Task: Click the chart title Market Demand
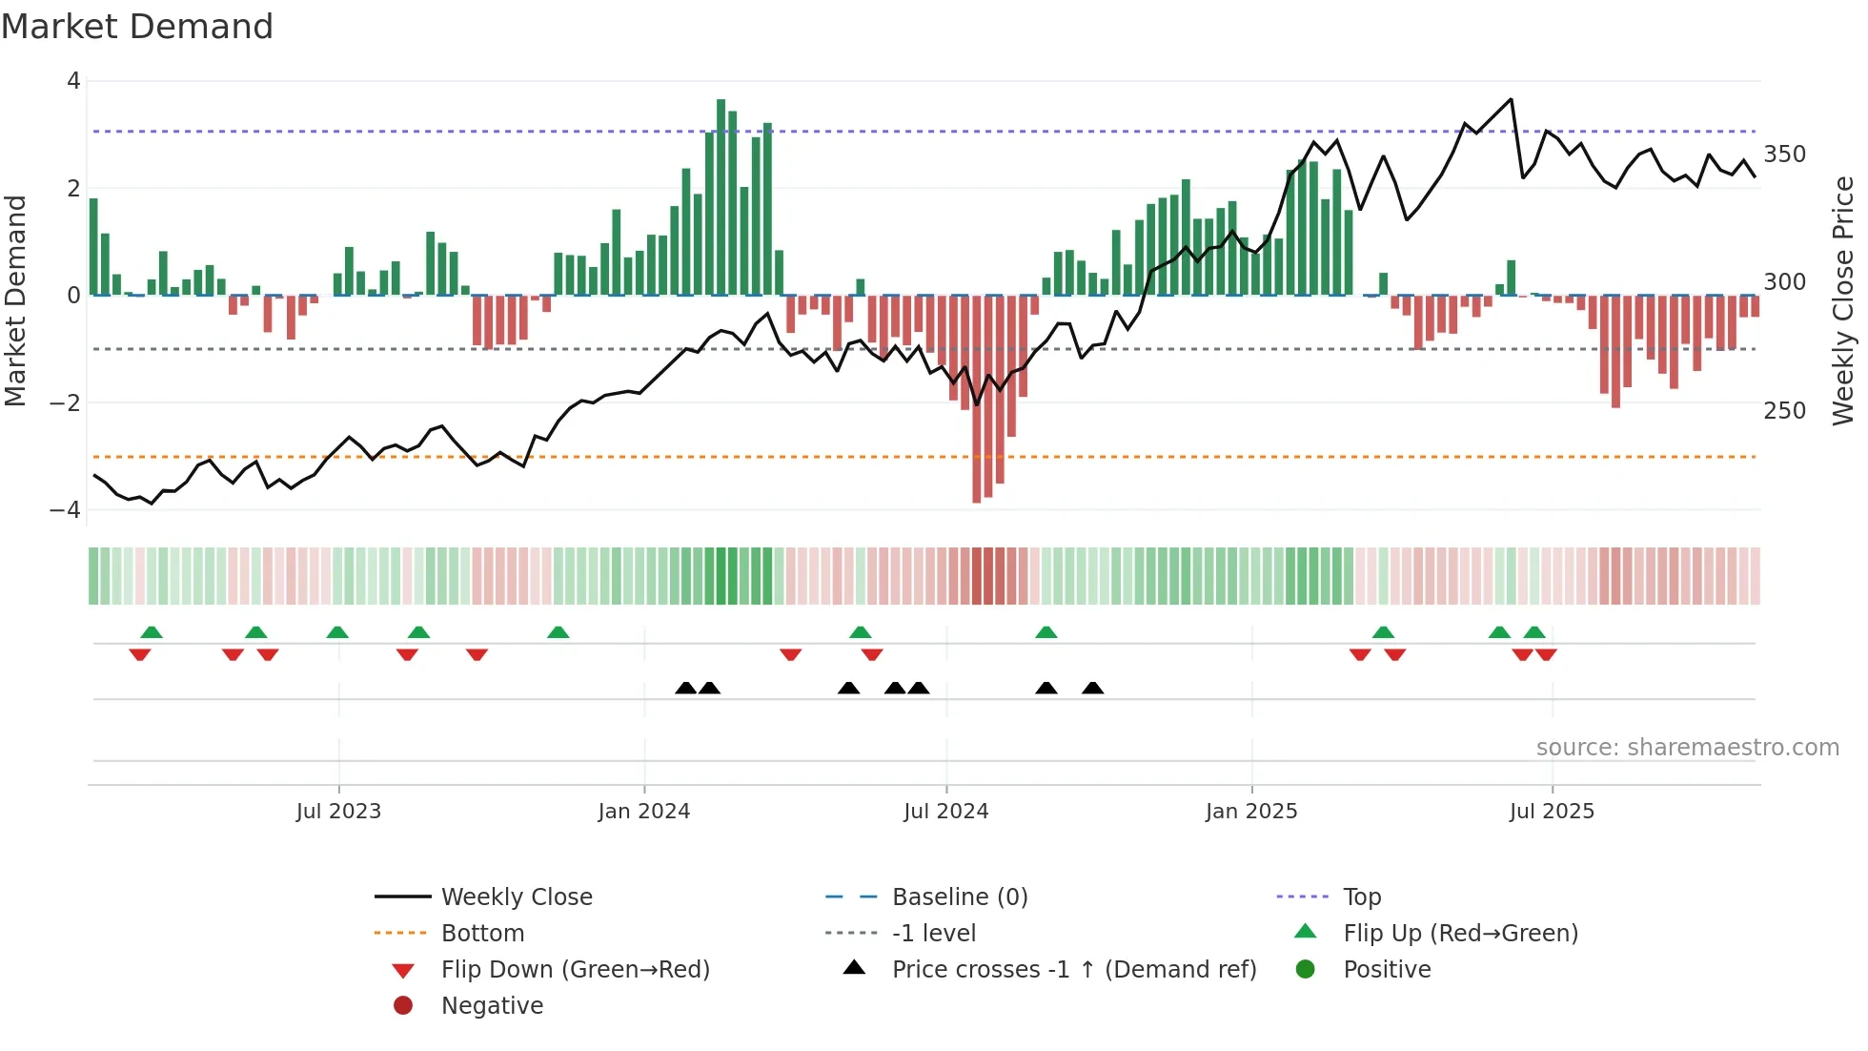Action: pos(137,27)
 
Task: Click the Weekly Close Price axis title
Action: pos(1843,300)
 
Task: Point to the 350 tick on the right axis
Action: pos(1784,155)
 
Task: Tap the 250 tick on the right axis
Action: pos(1784,411)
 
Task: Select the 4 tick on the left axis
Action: pos(73,81)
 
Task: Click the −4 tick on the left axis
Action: pos(66,510)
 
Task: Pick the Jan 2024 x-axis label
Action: pos(643,812)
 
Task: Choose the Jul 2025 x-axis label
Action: pos(1552,812)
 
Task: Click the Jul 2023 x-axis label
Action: pos(338,812)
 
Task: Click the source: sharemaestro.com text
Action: pos(1687,748)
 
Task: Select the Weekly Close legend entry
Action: pos(516,897)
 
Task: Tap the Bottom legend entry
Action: pos(482,934)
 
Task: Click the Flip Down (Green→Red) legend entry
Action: pos(575,970)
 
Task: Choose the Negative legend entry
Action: pos(492,1006)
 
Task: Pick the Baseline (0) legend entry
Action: pos(959,897)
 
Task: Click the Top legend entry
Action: pos(1361,897)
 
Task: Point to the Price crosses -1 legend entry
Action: pos(1073,970)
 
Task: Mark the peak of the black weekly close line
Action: pos(1511,99)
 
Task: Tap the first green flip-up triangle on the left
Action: pos(152,632)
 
